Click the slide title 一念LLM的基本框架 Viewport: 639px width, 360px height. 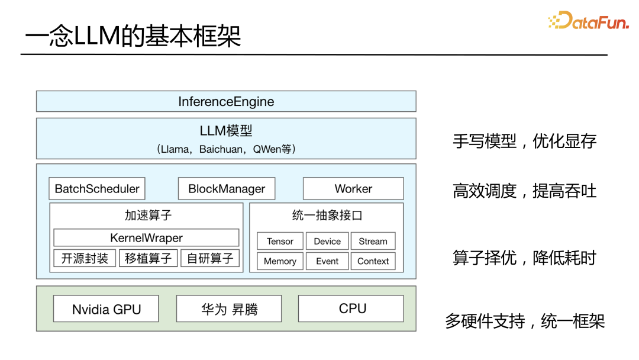(x=133, y=37)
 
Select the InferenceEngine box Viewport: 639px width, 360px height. (x=226, y=101)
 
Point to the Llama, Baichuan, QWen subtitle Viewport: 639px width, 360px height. (x=226, y=149)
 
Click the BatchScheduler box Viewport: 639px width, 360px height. (x=97, y=189)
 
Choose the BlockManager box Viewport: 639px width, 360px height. (x=227, y=189)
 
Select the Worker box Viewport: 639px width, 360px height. (x=353, y=189)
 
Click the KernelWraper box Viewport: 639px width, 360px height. (x=146, y=238)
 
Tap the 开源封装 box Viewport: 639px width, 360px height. (x=85, y=258)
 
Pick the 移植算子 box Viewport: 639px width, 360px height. (x=148, y=258)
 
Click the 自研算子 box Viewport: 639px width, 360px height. (x=211, y=258)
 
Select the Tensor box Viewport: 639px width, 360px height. (x=280, y=241)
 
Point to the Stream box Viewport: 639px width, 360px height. (x=373, y=241)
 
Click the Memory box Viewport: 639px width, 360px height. (x=280, y=261)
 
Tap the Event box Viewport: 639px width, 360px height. (x=327, y=261)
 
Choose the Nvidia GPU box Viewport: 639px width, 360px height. (x=106, y=309)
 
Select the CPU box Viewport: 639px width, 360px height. (x=353, y=308)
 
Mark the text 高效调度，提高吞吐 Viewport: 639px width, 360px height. (x=524, y=191)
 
